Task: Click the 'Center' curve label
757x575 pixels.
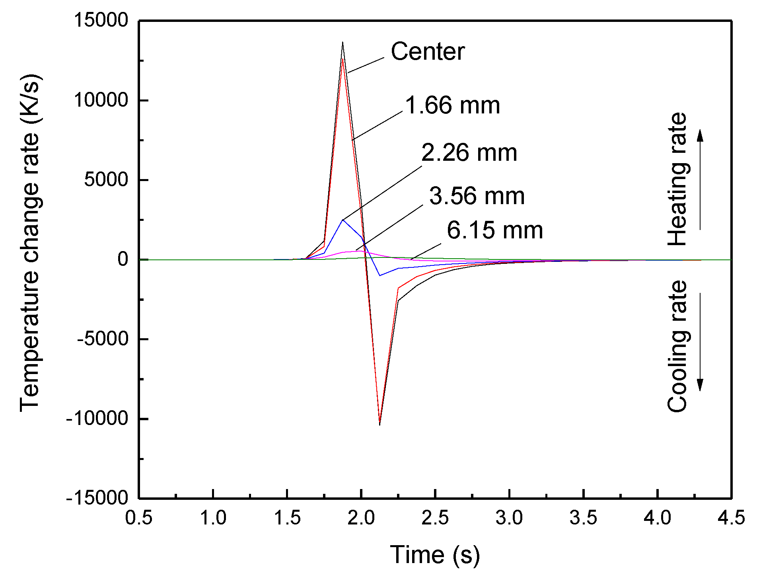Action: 428,52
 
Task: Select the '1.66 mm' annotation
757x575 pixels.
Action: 452,105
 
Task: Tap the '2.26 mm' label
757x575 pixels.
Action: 469,152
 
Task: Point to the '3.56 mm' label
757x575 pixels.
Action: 477,196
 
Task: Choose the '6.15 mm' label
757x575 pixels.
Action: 494,230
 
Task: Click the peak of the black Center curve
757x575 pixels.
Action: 342,42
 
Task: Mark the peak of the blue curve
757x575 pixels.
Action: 342,220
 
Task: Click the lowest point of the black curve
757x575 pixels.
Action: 379,425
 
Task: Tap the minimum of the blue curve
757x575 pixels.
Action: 380,275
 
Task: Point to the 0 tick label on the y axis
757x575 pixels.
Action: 123,259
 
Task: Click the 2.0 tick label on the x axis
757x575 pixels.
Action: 361,518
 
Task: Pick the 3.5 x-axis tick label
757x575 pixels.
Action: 583,518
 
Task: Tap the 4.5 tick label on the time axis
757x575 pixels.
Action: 731,518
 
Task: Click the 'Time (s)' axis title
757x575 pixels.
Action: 435,554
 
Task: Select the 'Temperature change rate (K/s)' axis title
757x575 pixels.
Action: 30,243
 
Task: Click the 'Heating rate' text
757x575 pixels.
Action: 677,179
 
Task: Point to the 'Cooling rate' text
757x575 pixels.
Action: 677,346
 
